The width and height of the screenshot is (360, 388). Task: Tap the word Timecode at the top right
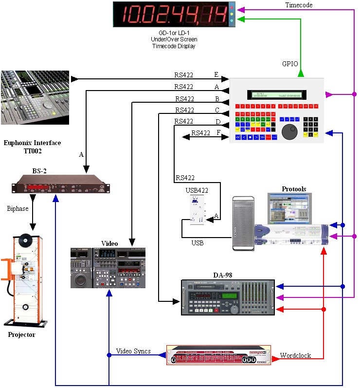point(299,5)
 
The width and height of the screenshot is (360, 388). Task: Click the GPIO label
point(290,64)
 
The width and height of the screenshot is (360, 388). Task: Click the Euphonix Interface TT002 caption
point(32,147)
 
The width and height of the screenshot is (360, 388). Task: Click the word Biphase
point(18,208)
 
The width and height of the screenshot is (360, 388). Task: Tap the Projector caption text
point(22,335)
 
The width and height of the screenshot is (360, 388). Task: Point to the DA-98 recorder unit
point(228,297)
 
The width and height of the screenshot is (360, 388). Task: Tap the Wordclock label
point(295,355)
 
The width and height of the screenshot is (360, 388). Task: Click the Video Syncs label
point(133,351)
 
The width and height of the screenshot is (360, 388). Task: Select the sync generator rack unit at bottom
point(215,355)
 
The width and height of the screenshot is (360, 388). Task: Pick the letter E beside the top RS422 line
point(216,74)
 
